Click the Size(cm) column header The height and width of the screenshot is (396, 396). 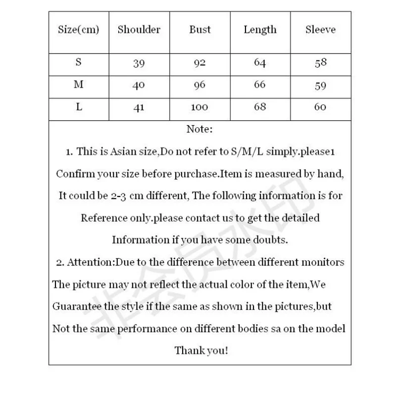point(79,30)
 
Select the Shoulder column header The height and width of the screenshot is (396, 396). point(139,30)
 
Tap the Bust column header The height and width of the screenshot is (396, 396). point(199,30)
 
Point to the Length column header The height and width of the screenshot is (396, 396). point(260,30)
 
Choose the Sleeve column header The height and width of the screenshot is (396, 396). point(320,30)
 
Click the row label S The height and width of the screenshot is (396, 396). point(79,63)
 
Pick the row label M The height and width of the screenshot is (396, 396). point(79,85)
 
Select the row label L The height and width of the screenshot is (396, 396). point(79,107)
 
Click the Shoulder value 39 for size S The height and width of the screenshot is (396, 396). point(139,63)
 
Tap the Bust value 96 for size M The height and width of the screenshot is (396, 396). point(199,85)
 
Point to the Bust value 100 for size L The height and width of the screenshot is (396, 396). point(199,107)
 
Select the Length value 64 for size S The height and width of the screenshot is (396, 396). point(260,63)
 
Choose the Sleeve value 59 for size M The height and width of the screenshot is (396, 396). point(320,85)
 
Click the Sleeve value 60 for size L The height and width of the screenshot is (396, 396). point(320,107)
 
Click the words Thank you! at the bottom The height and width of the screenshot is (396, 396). point(201,350)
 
